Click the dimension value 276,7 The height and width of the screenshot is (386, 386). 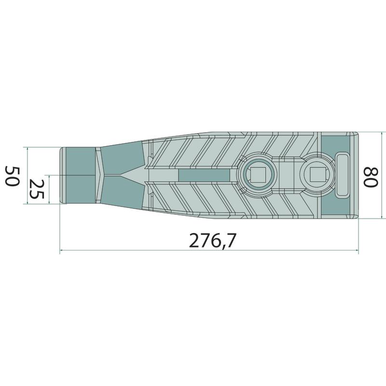[x=213, y=240]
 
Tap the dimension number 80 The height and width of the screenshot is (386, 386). [x=371, y=177]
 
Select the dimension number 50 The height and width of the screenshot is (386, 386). [x=12, y=176]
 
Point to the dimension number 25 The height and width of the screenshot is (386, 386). [x=37, y=189]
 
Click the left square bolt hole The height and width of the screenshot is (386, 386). [x=258, y=175]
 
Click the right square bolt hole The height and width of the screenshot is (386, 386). [x=317, y=175]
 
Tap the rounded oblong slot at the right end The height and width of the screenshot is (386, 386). [x=343, y=175]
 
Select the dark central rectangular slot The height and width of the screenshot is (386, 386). [x=204, y=175]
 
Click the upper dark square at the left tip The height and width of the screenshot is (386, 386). [x=81, y=161]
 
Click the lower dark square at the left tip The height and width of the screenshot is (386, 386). [x=81, y=189]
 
